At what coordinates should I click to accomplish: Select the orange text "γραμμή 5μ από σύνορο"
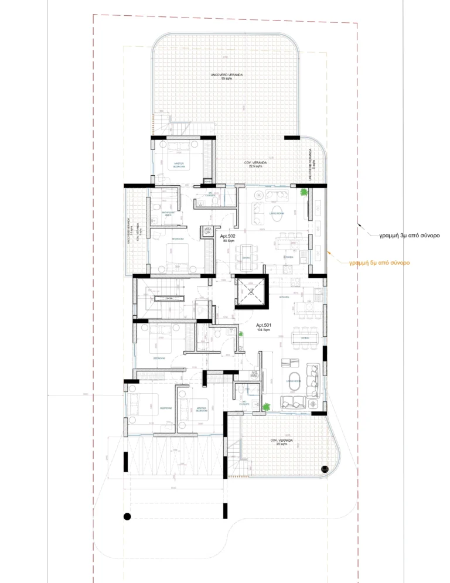pos(379,263)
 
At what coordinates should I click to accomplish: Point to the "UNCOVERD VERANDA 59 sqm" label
pos(227,77)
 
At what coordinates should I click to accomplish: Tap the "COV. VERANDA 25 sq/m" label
pos(281,442)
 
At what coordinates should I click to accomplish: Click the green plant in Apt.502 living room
pos(304,192)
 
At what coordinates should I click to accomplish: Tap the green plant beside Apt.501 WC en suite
pos(265,407)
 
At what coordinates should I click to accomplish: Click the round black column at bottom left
pos(126,516)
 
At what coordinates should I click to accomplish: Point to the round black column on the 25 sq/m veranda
pos(325,469)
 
